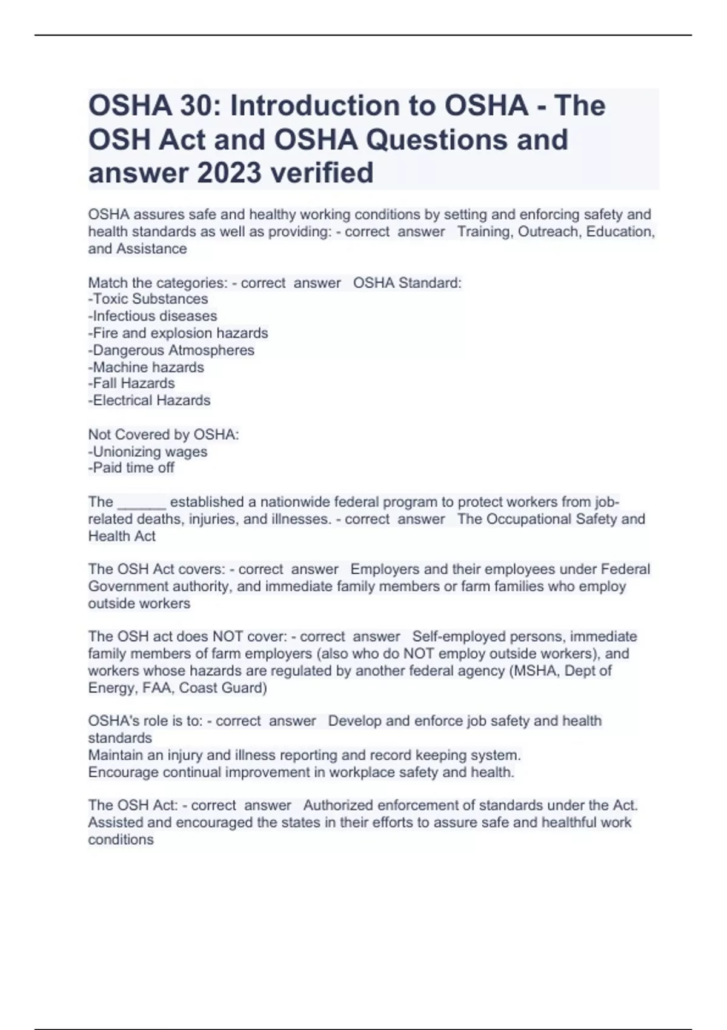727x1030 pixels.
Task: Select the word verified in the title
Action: click(x=322, y=173)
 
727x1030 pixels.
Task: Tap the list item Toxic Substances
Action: click(x=148, y=299)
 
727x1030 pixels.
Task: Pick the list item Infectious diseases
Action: click(x=153, y=316)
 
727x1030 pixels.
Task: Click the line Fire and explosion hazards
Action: click(x=178, y=333)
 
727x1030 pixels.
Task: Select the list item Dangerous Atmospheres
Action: click(x=171, y=350)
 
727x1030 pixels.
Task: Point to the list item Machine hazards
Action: click(x=146, y=367)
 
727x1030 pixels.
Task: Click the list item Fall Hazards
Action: click(x=131, y=383)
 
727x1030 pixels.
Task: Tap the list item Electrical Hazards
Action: click(x=150, y=400)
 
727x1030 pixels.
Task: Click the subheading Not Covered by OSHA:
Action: click(x=164, y=434)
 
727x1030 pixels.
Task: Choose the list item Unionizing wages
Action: click(x=148, y=451)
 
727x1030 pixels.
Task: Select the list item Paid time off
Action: click(x=131, y=468)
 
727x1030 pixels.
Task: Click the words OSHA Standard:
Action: click(x=407, y=283)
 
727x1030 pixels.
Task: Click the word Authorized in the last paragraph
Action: click(x=339, y=805)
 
